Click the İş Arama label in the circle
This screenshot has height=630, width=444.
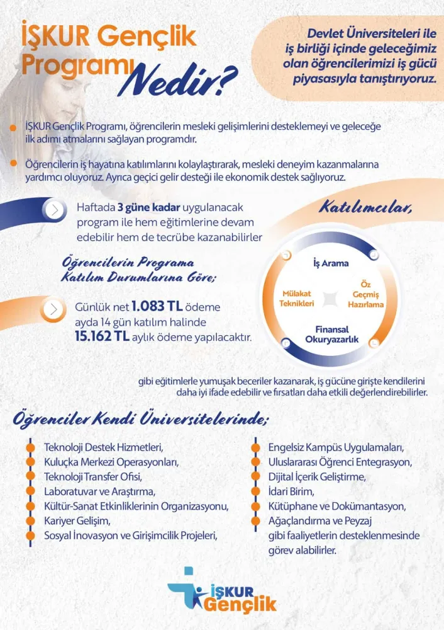click(x=331, y=263)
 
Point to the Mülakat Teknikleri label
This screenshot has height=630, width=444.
click(x=297, y=299)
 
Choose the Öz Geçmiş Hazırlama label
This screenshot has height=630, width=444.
click(x=365, y=294)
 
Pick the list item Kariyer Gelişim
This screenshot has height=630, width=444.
click(x=77, y=520)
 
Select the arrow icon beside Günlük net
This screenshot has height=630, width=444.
click(x=56, y=309)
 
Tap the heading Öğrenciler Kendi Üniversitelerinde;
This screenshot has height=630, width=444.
click(x=142, y=418)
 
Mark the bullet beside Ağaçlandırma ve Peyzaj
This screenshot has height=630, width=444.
click(x=255, y=521)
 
